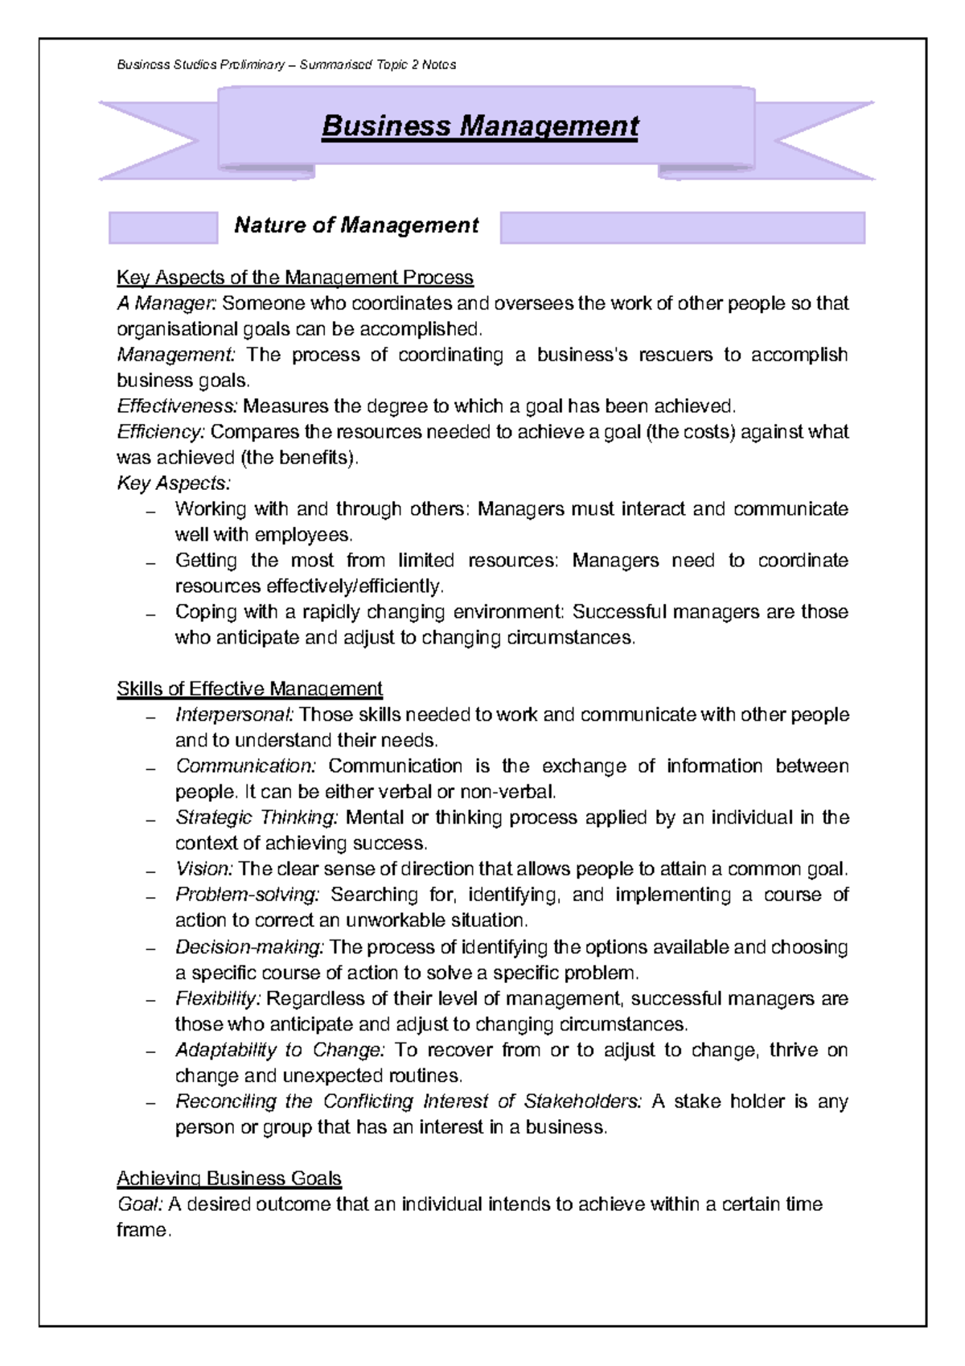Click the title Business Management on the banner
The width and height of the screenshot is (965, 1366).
(x=479, y=126)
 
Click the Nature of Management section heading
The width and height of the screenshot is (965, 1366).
(x=356, y=225)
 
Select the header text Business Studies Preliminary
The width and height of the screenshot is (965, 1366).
(x=201, y=65)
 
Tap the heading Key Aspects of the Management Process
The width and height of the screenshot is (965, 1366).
(x=294, y=278)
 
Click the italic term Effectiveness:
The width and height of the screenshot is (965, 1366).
(x=177, y=406)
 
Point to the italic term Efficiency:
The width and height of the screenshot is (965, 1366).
(x=161, y=432)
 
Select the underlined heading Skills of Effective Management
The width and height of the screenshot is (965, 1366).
(x=249, y=689)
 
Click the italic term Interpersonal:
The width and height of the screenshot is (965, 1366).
(x=235, y=715)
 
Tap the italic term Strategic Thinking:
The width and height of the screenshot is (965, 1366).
(x=257, y=818)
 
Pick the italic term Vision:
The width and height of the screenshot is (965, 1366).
(x=204, y=870)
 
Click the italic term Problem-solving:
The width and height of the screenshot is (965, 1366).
(x=248, y=895)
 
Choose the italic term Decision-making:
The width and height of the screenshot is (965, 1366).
(x=249, y=948)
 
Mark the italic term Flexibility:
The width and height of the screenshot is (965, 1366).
(x=218, y=999)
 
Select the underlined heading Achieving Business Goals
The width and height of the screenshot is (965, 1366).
(x=229, y=1179)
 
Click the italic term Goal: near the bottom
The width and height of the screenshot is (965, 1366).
(x=140, y=1204)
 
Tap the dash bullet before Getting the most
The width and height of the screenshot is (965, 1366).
(x=150, y=562)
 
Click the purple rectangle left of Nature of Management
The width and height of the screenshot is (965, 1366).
(x=163, y=228)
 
